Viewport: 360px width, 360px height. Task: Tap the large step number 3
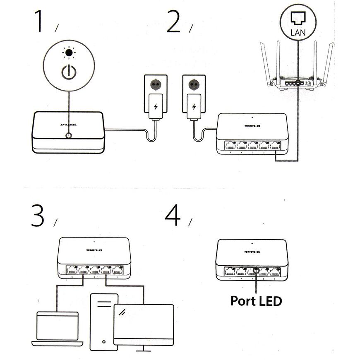point(38,216)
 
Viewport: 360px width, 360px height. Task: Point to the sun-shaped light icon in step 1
point(69,53)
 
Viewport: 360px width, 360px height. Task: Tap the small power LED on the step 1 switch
point(69,135)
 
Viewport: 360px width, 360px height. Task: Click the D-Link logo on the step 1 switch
point(68,125)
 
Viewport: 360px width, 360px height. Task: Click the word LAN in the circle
point(298,32)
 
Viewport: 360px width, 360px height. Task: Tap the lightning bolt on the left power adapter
point(156,106)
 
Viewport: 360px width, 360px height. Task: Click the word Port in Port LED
point(242,300)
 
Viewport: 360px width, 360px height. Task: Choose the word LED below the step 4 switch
point(269,300)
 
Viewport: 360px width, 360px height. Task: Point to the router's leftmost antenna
point(265,62)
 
